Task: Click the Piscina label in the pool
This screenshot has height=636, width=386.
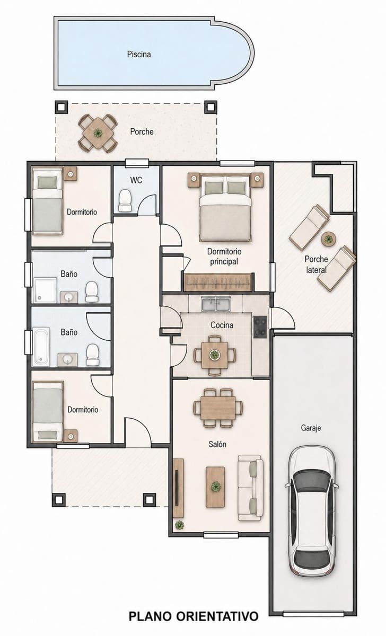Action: tap(138, 54)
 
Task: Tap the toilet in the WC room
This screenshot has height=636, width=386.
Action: tap(125, 201)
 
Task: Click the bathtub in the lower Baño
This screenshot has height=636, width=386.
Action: tap(41, 347)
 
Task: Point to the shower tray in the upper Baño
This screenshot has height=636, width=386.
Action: tap(46, 290)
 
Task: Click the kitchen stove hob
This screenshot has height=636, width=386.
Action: tap(260, 327)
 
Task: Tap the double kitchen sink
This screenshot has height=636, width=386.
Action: tap(216, 303)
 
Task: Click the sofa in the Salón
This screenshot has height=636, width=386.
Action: tap(250, 488)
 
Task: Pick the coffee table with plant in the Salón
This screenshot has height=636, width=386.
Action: tap(215, 487)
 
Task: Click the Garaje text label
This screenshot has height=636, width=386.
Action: tap(311, 428)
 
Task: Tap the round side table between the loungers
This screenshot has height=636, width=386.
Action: tap(329, 239)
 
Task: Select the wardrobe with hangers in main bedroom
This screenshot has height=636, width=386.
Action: tap(218, 282)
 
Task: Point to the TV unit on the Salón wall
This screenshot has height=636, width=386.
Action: tap(178, 488)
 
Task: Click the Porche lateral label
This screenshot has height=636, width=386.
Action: tap(316, 264)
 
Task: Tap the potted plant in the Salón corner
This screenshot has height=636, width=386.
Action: tap(179, 525)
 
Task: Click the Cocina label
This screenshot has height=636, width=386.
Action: tap(222, 325)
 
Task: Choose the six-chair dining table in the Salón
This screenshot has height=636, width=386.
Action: tap(218, 408)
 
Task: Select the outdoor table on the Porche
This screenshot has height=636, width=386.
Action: tap(98, 133)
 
